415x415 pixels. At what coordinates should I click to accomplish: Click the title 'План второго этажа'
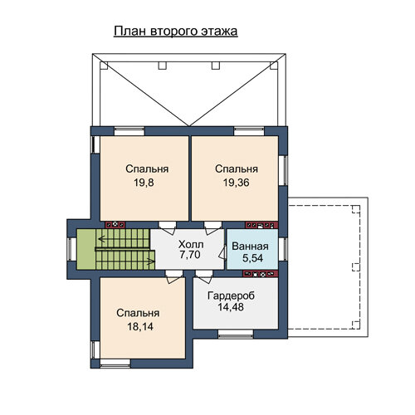[x=176, y=32]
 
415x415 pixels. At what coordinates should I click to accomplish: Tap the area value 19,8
[x=144, y=183]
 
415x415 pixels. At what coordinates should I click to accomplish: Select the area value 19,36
[x=237, y=183]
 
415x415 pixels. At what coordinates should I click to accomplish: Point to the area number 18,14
[x=140, y=327]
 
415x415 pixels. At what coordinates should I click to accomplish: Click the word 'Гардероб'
[x=231, y=295]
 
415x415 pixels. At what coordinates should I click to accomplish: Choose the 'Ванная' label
[x=250, y=247]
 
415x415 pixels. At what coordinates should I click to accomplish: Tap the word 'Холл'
[x=191, y=244]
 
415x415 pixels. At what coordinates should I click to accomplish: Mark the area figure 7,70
[x=190, y=255]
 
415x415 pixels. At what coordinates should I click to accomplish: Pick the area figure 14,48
[x=231, y=307]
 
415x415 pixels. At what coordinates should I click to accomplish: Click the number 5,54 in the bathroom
[x=252, y=258]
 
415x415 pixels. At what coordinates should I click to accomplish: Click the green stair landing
[x=86, y=249]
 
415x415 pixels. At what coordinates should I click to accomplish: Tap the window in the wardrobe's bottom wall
[x=236, y=334]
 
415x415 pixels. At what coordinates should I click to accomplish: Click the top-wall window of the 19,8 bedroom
[x=129, y=131]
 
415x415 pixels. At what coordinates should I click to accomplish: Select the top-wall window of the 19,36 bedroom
[x=249, y=131]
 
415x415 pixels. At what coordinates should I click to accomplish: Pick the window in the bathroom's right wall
[x=283, y=249]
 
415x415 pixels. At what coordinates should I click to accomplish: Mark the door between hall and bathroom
[x=222, y=251]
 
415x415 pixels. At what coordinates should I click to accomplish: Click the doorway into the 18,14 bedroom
[x=173, y=276]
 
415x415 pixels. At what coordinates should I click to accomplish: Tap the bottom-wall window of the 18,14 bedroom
[x=115, y=364]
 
